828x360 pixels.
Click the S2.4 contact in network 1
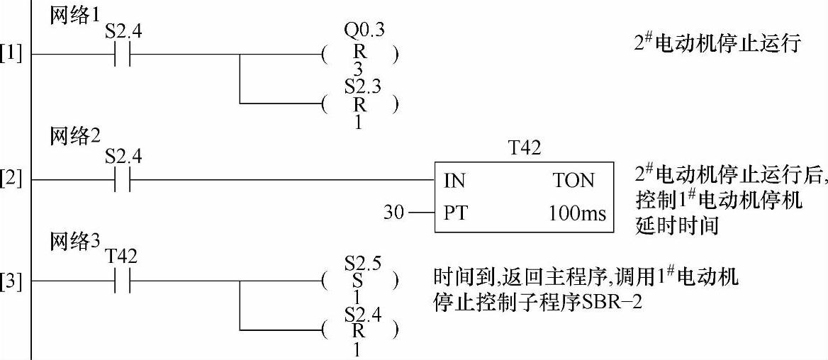[x=123, y=55]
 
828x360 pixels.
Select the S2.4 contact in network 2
[x=123, y=181]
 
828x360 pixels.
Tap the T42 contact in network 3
[x=123, y=282]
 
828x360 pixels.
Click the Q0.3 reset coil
[x=359, y=55]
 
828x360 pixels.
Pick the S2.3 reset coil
[x=359, y=104]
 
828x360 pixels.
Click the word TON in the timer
[x=574, y=181]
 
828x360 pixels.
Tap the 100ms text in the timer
[x=577, y=213]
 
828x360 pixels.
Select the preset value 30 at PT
[x=393, y=212]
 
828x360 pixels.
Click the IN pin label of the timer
[x=454, y=181]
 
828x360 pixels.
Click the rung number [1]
[x=11, y=55]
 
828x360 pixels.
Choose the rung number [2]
[x=11, y=181]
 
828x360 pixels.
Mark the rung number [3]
[x=11, y=282]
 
